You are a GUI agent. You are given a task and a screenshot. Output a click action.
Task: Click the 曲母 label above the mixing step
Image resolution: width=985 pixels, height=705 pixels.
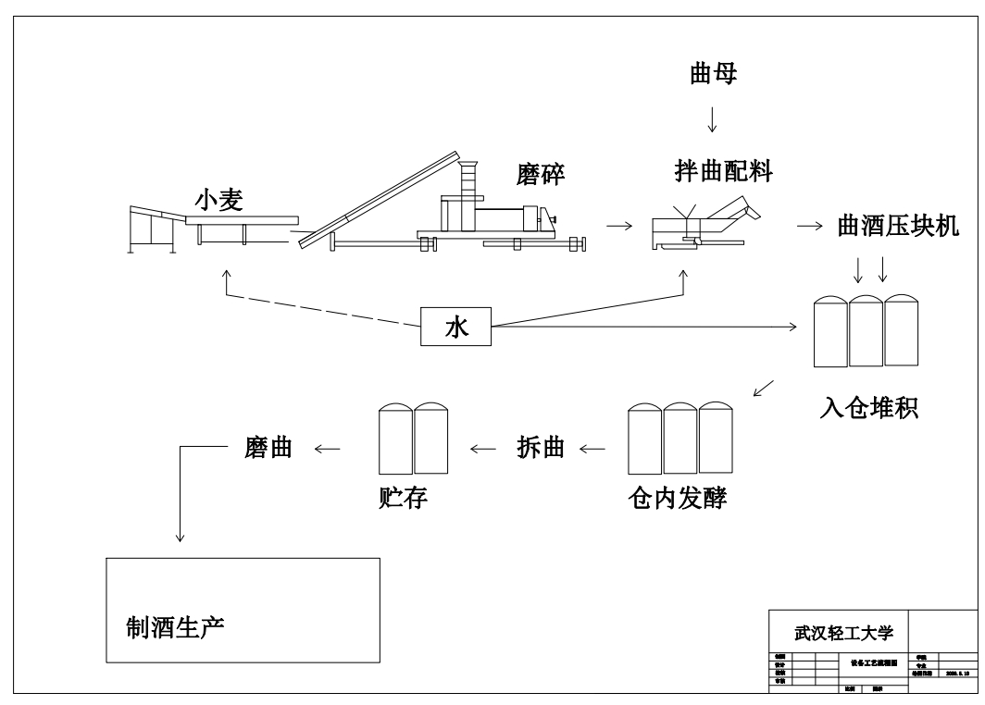(x=713, y=75)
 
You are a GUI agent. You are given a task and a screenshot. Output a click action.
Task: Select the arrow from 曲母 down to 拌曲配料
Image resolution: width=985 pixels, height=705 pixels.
(x=712, y=119)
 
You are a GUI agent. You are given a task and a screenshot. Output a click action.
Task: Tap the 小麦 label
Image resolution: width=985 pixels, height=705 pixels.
(x=218, y=200)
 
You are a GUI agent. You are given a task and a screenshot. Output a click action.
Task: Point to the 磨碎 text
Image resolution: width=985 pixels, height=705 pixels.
(x=542, y=173)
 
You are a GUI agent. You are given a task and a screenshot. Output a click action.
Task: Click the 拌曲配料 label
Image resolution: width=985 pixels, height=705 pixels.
(x=723, y=170)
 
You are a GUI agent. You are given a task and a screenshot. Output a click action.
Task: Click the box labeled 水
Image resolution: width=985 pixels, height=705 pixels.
(x=456, y=327)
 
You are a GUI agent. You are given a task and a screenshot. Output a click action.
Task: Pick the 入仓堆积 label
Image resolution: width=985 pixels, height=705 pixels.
(x=868, y=407)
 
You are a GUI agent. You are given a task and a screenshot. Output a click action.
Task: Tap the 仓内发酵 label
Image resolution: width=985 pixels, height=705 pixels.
(x=676, y=499)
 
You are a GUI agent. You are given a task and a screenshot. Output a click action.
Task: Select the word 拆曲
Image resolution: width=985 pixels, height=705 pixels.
(x=540, y=449)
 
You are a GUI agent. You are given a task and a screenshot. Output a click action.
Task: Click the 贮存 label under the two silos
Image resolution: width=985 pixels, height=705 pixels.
(x=397, y=499)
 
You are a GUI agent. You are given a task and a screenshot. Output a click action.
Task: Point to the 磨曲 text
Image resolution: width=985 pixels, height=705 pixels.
(x=268, y=449)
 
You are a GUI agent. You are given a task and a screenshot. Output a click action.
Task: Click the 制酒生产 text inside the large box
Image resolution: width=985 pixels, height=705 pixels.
(x=176, y=628)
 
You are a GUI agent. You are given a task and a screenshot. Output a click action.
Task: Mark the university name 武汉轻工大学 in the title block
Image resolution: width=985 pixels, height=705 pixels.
(x=839, y=634)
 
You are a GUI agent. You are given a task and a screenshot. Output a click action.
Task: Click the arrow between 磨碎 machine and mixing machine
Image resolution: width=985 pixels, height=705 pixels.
(x=620, y=225)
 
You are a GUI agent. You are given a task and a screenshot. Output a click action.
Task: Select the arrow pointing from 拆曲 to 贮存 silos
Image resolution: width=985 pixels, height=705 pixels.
(x=483, y=450)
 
